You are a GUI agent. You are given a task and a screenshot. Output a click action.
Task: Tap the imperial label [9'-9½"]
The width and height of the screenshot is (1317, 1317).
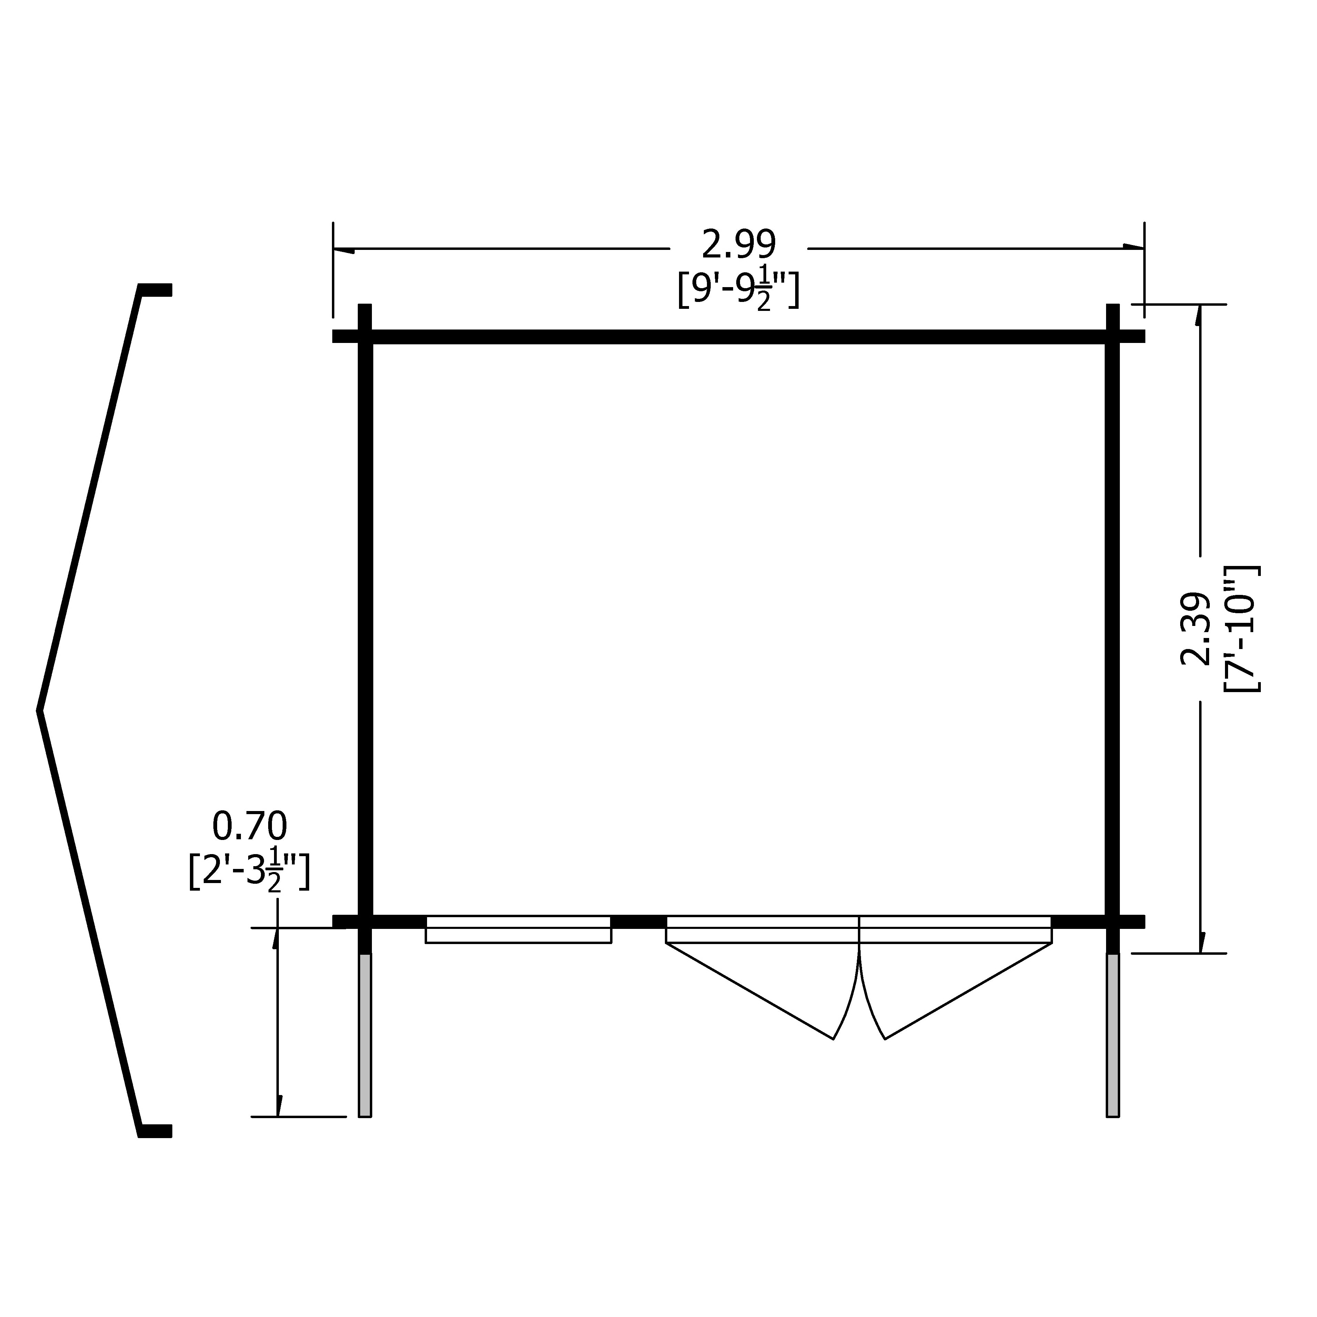pyautogui.click(x=738, y=291)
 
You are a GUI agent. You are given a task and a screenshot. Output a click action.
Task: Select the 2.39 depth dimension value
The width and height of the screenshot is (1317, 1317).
pyautogui.click(x=1195, y=628)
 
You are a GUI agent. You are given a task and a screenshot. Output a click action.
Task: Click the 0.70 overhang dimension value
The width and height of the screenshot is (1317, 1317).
pyautogui.click(x=250, y=826)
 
